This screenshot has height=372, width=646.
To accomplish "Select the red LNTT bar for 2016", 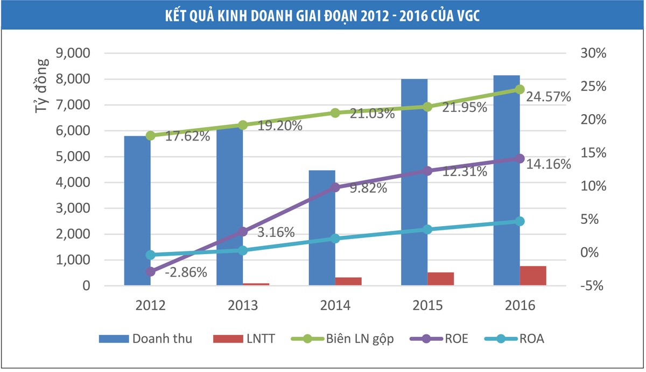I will pyautogui.click(x=533, y=276).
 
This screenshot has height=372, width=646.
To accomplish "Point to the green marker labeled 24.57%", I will pyautogui.click(x=519, y=89).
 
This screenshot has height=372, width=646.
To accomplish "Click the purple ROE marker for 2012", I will pyautogui.click(x=150, y=272).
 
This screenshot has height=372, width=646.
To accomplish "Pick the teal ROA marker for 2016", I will pyautogui.click(x=519, y=221).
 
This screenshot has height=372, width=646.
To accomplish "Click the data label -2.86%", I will pyautogui.click(x=186, y=272).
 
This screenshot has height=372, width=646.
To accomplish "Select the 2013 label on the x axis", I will pyautogui.click(x=242, y=306).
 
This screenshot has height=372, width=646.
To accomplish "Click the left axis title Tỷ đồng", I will pyautogui.click(x=42, y=86).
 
